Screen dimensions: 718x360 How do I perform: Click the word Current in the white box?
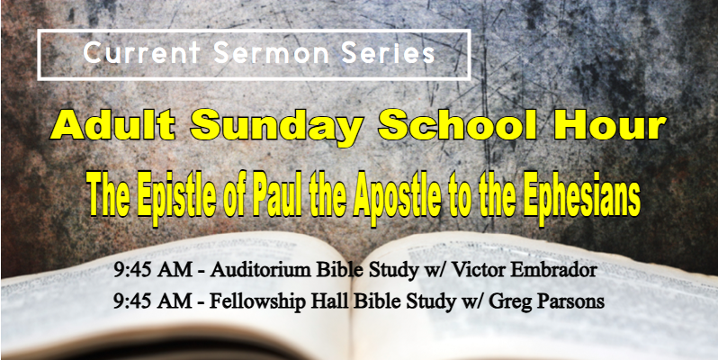click(141, 53)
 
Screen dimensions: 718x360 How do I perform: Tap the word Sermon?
click(271, 53)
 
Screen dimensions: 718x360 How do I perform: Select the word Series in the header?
click(389, 53)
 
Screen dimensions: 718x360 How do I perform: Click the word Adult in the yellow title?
click(112, 124)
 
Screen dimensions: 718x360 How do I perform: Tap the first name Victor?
click(475, 271)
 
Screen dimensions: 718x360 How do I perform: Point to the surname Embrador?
click(550, 271)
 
